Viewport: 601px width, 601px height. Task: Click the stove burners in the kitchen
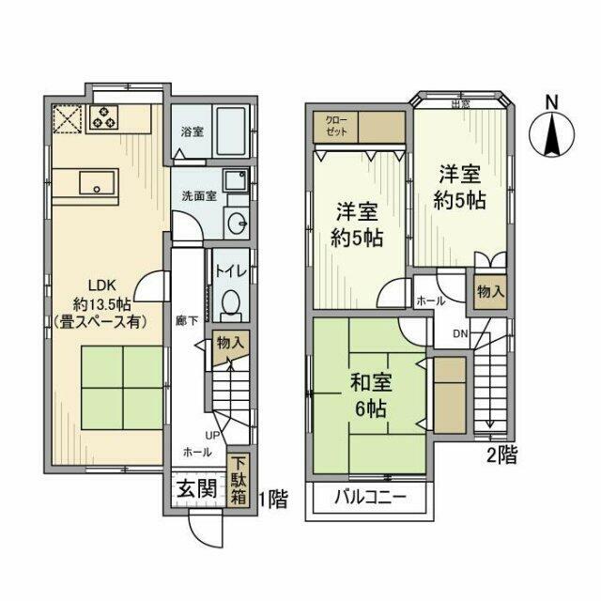(x=104, y=119)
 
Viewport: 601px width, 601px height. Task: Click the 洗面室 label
(x=199, y=196)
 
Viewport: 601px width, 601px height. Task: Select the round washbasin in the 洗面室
(x=236, y=223)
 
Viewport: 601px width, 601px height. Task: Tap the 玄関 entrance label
(x=195, y=489)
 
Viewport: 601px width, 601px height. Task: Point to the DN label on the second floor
(x=461, y=332)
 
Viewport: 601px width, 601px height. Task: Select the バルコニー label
(x=367, y=499)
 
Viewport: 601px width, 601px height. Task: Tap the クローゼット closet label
(x=335, y=128)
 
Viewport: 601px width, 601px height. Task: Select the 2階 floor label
(x=502, y=456)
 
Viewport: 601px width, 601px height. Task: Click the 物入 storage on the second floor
(x=489, y=291)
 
